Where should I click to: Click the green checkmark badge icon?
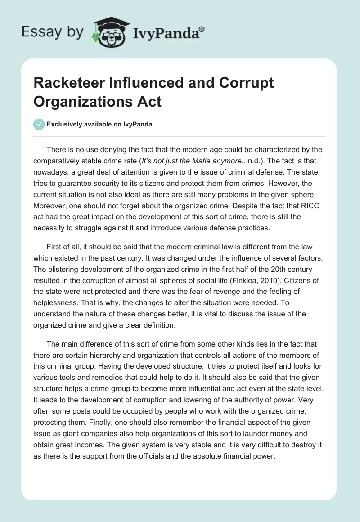tap(39, 124)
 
